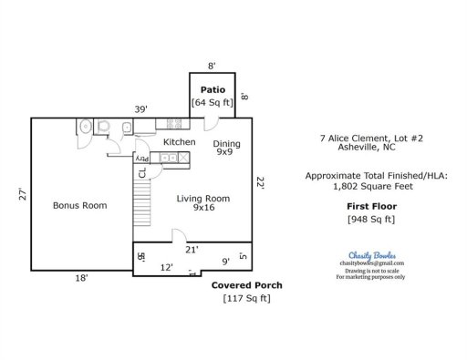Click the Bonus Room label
click(x=79, y=205)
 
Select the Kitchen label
click(x=180, y=142)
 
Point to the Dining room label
click(x=227, y=144)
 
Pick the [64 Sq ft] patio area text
click(x=213, y=103)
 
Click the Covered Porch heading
click(x=246, y=285)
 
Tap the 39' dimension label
click(x=141, y=108)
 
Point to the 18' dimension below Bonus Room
click(x=81, y=279)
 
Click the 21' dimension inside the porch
click(x=192, y=249)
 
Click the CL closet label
click(x=141, y=172)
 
